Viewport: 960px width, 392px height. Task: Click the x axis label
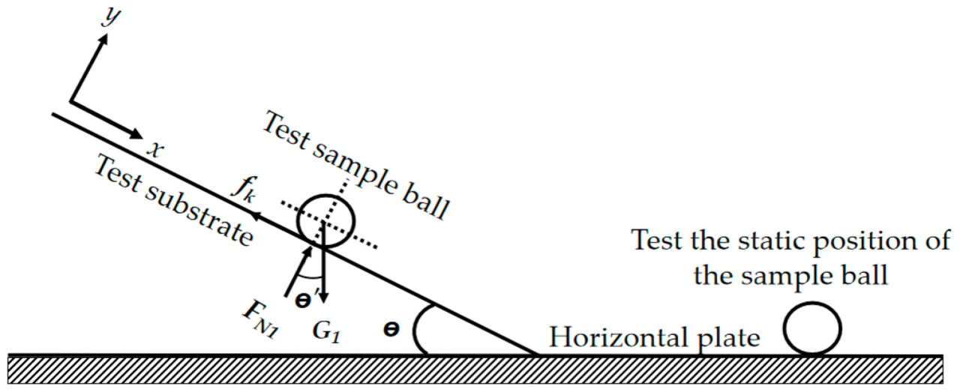(x=155, y=149)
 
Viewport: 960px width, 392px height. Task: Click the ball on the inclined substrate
(x=325, y=219)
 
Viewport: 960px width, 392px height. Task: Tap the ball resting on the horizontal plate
(x=813, y=327)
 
